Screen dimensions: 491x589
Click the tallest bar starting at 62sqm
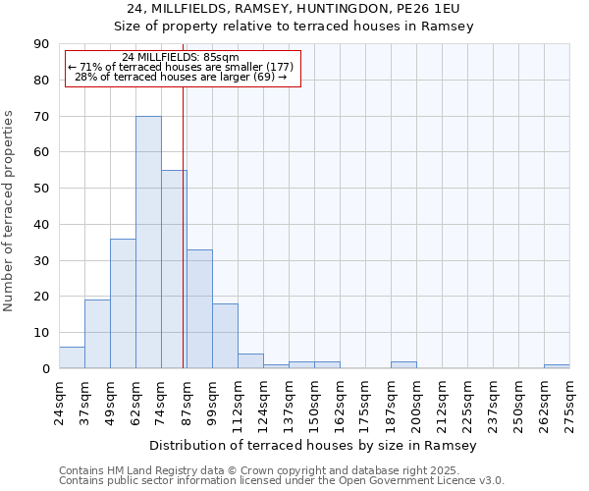click(148, 243)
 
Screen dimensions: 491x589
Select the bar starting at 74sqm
click(174, 269)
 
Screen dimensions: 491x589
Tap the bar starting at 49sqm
click(123, 303)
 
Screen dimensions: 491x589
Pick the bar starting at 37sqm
click(97, 334)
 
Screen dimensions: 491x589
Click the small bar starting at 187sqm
click(403, 365)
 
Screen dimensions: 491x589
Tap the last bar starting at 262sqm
click(557, 366)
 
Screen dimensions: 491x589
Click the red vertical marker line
click(184, 226)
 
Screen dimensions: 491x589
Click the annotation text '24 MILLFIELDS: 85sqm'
click(181, 58)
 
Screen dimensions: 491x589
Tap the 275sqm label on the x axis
click(569, 404)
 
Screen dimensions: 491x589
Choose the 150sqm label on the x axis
click(314, 404)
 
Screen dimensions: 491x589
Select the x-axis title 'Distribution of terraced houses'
click(313, 446)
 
